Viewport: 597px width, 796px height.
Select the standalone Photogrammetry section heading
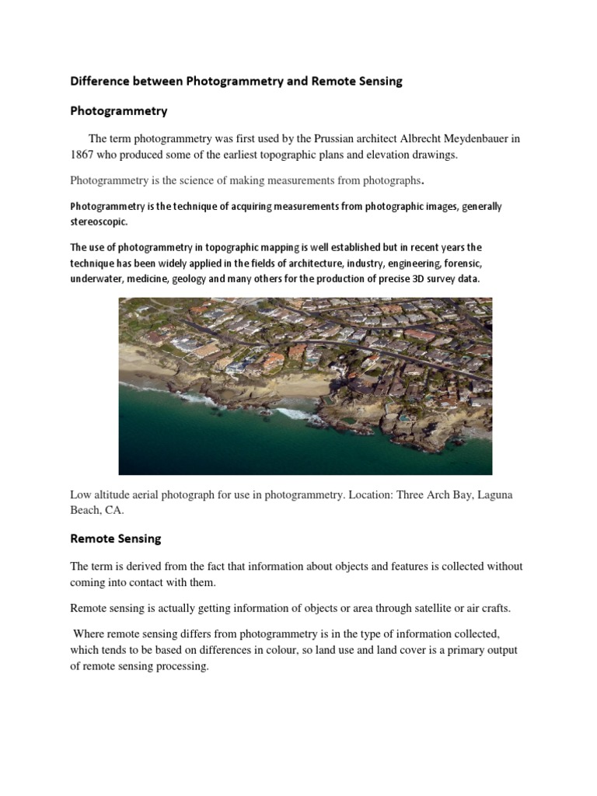[x=118, y=110]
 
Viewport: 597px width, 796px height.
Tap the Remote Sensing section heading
[x=116, y=538]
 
